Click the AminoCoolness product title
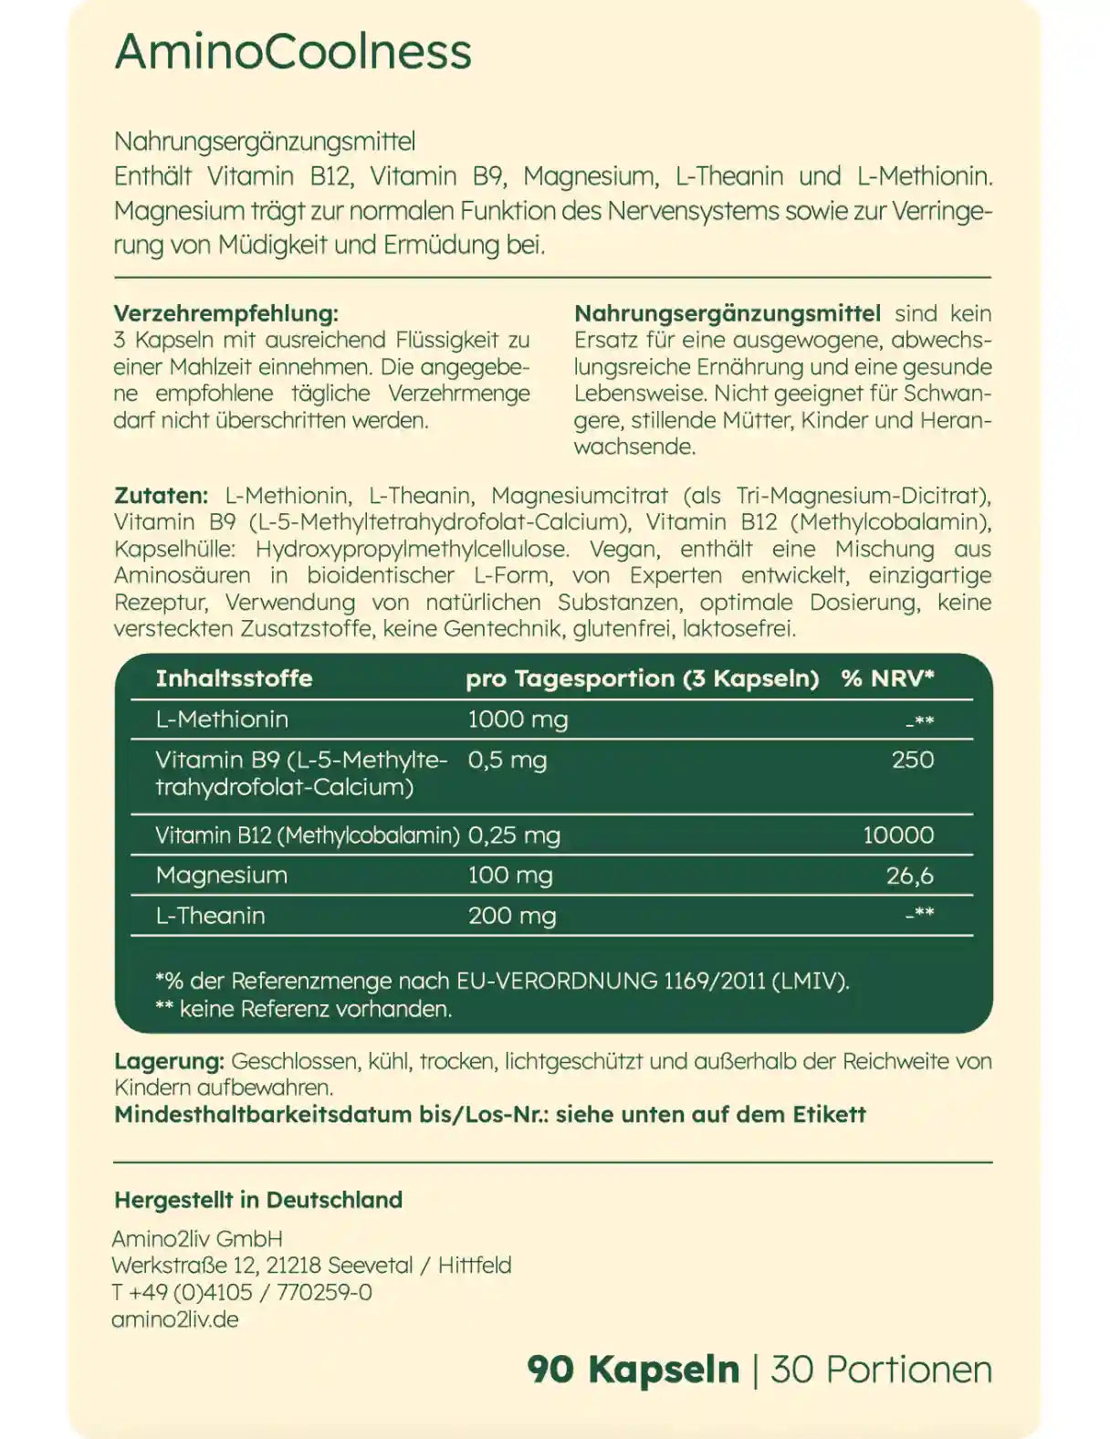coord(293,51)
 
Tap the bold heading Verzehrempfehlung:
coord(225,313)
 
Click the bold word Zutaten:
coord(161,496)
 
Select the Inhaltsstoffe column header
coord(234,678)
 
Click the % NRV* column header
coord(887,678)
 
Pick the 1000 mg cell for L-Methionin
coord(518,719)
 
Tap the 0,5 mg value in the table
coord(507,760)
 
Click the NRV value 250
coord(912,760)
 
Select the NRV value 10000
coord(898,835)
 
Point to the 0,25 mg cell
coord(514,835)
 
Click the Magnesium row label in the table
coord(222,875)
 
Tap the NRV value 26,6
coord(909,876)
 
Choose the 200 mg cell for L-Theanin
coord(512,916)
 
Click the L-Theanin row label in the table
coord(210,916)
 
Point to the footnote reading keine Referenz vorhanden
coord(305,1009)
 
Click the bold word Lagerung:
coord(169,1061)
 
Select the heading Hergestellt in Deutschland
coord(258,1200)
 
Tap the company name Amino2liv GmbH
coord(197,1239)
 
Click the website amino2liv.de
coord(175,1319)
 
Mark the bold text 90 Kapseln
coord(633,1370)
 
